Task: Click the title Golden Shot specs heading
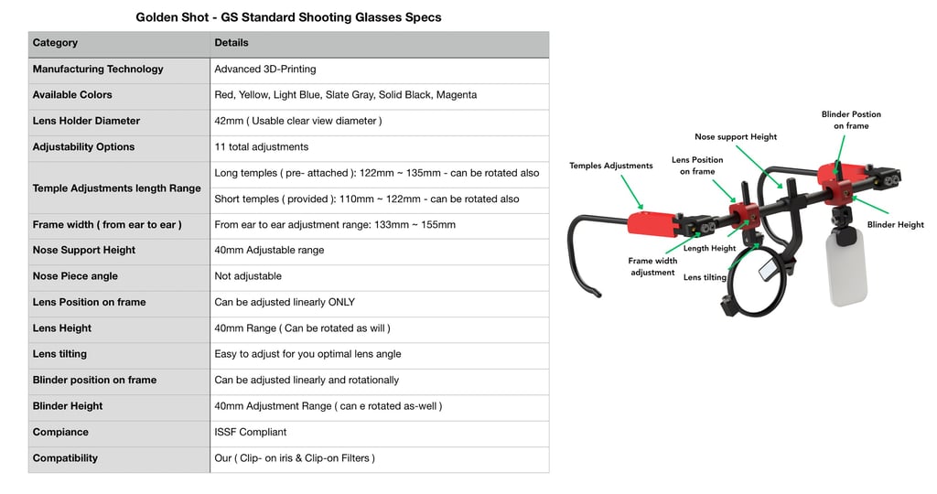tap(288, 17)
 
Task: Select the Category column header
tap(55, 43)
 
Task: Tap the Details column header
tap(232, 43)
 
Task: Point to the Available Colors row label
tap(72, 94)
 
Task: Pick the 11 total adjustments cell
tap(262, 146)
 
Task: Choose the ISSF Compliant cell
tap(251, 432)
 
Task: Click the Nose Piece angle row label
tap(75, 275)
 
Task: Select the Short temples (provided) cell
tap(366, 199)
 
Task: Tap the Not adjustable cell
tap(248, 275)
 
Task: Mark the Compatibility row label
tap(65, 457)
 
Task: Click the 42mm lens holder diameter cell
tap(297, 121)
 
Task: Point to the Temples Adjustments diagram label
tap(611, 166)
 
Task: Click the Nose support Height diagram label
tap(736, 137)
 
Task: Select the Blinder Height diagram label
tap(895, 225)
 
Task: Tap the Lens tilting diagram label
tap(705, 277)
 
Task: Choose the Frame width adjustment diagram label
tap(652, 266)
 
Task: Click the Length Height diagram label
tap(710, 248)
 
